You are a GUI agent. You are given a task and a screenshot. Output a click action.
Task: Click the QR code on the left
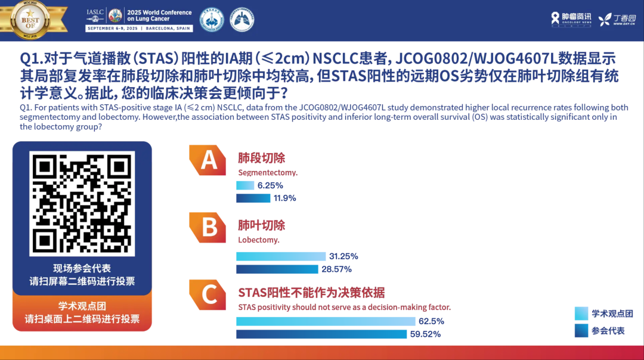coord(82,203)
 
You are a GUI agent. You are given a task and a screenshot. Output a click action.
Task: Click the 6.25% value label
coord(270,185)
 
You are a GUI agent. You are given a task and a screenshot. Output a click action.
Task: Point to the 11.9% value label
coord(284,198)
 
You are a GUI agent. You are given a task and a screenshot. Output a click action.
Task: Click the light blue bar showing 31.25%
coord(281,256)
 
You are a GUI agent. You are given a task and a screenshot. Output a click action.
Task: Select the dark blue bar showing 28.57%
coord(277,269)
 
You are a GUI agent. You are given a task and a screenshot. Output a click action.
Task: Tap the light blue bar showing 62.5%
coord(326,321)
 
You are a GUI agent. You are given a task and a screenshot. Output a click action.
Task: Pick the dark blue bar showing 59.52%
coord(321,334)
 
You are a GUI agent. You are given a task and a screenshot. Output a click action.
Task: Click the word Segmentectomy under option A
coord(267,173)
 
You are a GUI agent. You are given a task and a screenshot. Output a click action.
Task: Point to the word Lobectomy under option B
coord(258,240)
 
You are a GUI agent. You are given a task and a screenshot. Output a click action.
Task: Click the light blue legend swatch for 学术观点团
coord(581,314)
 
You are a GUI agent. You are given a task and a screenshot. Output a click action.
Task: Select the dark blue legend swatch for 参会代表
coord(581,330)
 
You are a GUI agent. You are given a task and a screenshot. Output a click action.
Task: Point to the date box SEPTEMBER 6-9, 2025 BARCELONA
coord(140,28)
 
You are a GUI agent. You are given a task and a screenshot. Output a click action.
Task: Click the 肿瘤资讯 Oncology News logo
coord(571,19)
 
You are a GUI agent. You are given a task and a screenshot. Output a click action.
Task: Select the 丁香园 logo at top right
coord(617,19)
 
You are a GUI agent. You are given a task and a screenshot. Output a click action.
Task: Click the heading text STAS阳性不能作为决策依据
coord(311,293)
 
